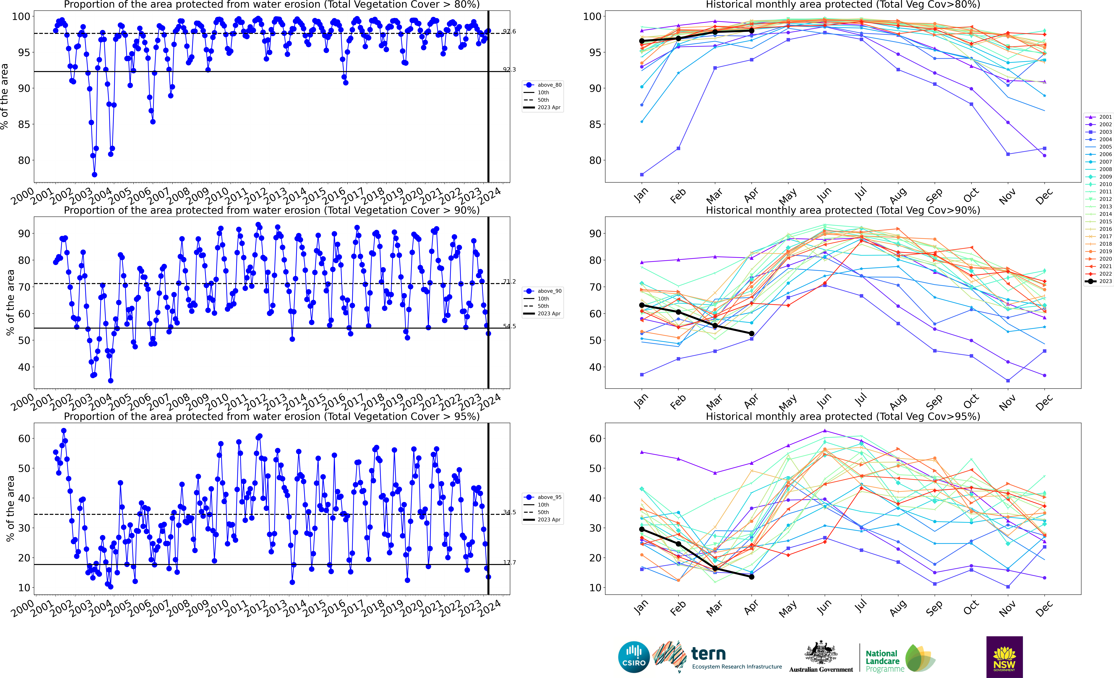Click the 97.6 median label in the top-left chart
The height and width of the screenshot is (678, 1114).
(509, 32)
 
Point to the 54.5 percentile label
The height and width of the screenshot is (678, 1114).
(509, 326)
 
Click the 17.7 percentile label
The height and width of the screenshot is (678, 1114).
(509, 563)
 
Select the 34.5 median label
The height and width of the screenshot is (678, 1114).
(509, 513)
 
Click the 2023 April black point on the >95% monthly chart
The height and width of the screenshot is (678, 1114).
(751, 577)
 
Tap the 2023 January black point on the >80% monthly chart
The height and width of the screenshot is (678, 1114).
(642, 41)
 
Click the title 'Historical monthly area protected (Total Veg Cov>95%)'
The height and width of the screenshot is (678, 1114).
(843, 416)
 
